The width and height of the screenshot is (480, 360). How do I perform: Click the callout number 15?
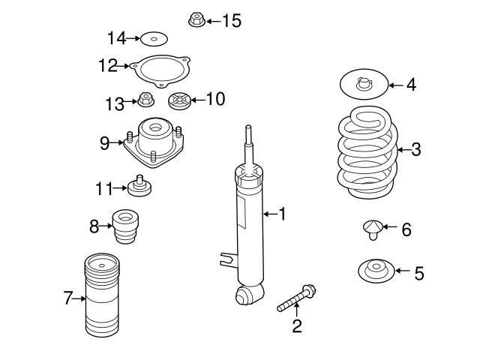tap(232, 20)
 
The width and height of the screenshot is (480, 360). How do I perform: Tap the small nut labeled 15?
tap(196, 20)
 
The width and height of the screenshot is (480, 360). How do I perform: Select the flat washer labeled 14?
tap(154, 38)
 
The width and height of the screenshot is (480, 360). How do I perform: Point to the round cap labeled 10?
tap(180, 100)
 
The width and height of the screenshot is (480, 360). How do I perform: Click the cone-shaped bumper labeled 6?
tap(372, 227)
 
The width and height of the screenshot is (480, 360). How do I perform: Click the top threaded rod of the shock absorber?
tap(247, 142)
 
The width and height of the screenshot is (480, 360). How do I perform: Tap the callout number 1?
tap(283, 215)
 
